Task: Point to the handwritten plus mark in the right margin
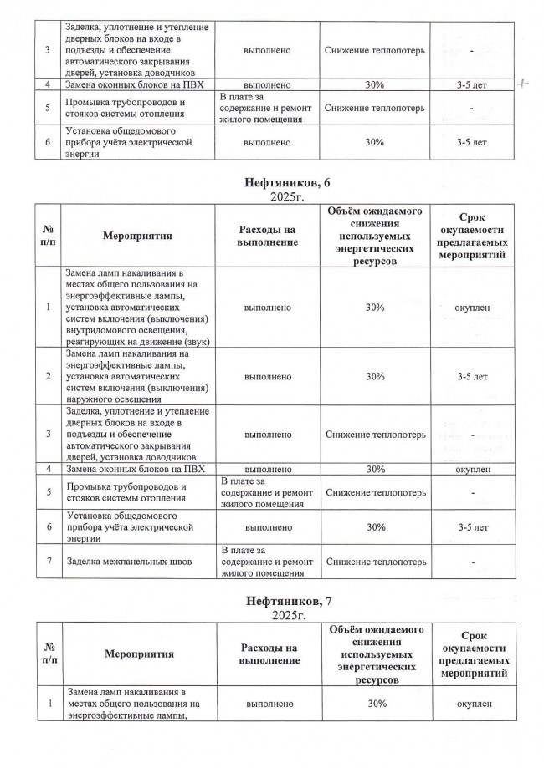click(525, 84)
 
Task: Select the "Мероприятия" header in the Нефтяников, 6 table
click(138, 236)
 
